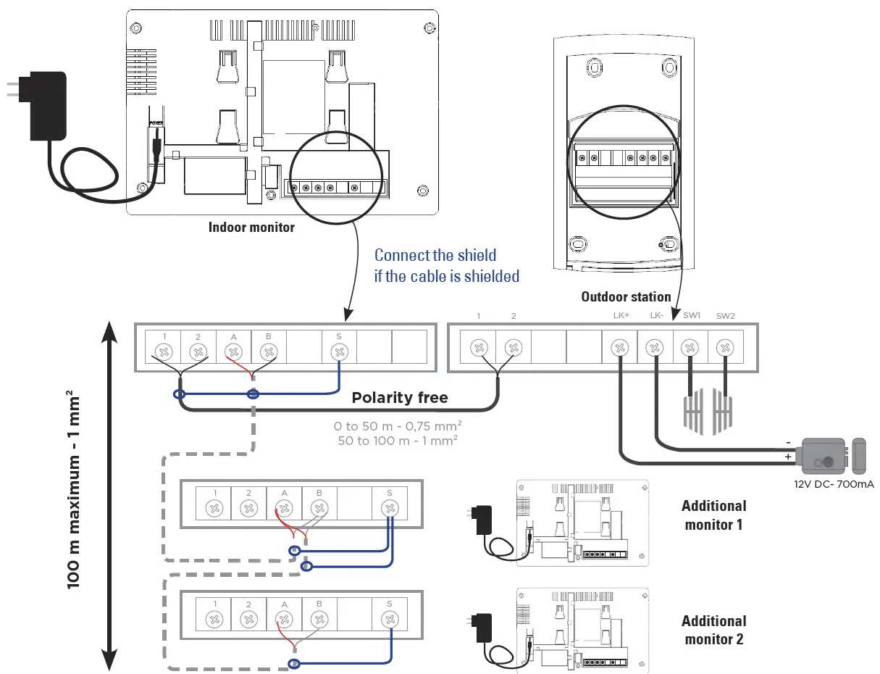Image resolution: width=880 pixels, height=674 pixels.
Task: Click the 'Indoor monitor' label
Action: pos(251,227)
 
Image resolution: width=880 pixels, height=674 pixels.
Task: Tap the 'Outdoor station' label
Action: pos(626,296)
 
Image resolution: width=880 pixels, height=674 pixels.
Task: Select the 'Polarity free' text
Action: pos(400,397)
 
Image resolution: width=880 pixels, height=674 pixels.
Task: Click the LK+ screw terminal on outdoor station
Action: pos(619,349)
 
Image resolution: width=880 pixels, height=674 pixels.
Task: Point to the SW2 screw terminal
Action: pos(725,349)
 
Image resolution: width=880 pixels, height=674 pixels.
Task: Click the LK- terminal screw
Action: pos(655,349)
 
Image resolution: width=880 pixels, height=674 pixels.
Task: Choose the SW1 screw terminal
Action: pos(690,349)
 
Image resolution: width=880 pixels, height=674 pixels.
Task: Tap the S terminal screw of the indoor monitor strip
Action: pos(338,352)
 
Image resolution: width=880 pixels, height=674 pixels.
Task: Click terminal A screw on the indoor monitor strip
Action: pos(233,352)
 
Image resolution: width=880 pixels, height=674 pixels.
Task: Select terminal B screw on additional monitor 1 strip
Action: pos(319,507)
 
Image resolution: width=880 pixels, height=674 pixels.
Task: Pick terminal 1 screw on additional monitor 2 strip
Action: pos(214,619)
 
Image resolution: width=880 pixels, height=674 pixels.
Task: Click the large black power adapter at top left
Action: pos(46,107)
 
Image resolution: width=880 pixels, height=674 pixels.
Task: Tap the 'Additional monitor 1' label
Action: pos(713,515)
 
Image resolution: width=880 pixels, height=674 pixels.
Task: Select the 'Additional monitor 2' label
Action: pos(713,630)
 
